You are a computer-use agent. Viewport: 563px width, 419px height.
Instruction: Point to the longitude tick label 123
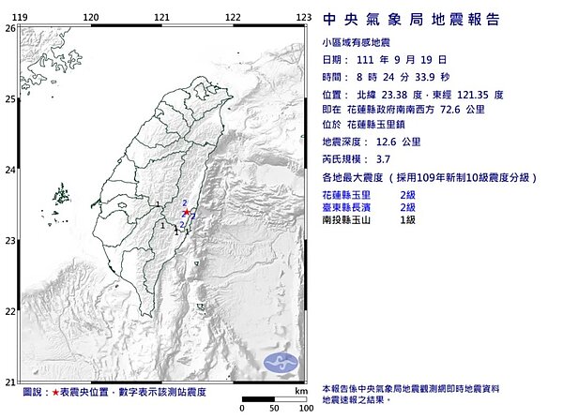303,18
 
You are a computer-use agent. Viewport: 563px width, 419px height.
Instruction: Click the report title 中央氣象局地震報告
410,20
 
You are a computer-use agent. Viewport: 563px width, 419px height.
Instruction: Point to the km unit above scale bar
299,391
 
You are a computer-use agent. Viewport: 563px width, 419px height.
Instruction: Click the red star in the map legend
56,391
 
